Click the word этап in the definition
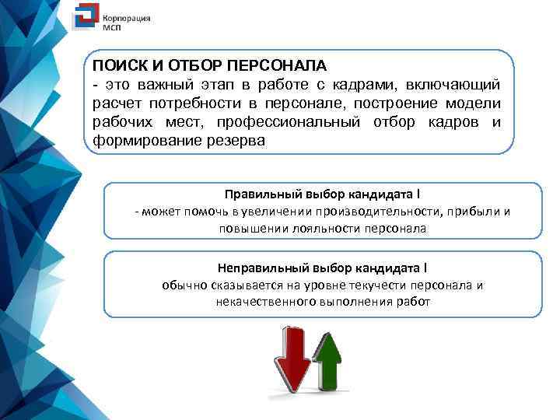[x=199, y=84]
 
